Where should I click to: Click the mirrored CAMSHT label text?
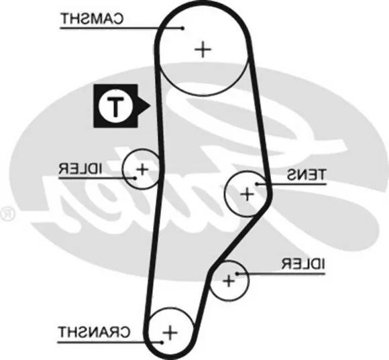point(92,19)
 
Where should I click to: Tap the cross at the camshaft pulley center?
point(203,50)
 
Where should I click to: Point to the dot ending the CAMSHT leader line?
point(183,28)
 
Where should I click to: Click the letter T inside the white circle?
point(115,107)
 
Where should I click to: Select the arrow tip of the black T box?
point(150,106)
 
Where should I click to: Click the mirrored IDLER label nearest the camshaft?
point(80,169)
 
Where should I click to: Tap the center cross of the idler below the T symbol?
point(142,170)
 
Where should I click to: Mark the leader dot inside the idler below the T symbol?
point(135,178)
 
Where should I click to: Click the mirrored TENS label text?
point(306,174)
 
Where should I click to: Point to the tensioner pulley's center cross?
point(247,194)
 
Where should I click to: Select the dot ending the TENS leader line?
point(257,184)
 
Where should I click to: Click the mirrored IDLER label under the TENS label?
point(302,264)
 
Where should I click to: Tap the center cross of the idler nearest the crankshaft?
point(229,281)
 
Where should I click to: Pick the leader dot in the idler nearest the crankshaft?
point(237,274)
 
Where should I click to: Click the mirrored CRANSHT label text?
point(94,332)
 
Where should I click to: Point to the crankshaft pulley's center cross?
point(170,333)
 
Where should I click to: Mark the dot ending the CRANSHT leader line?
point(162,343)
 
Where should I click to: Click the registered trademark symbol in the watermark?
point(7,213)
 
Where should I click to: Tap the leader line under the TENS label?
point(292,184)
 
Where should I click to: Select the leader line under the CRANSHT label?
point(109,343)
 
